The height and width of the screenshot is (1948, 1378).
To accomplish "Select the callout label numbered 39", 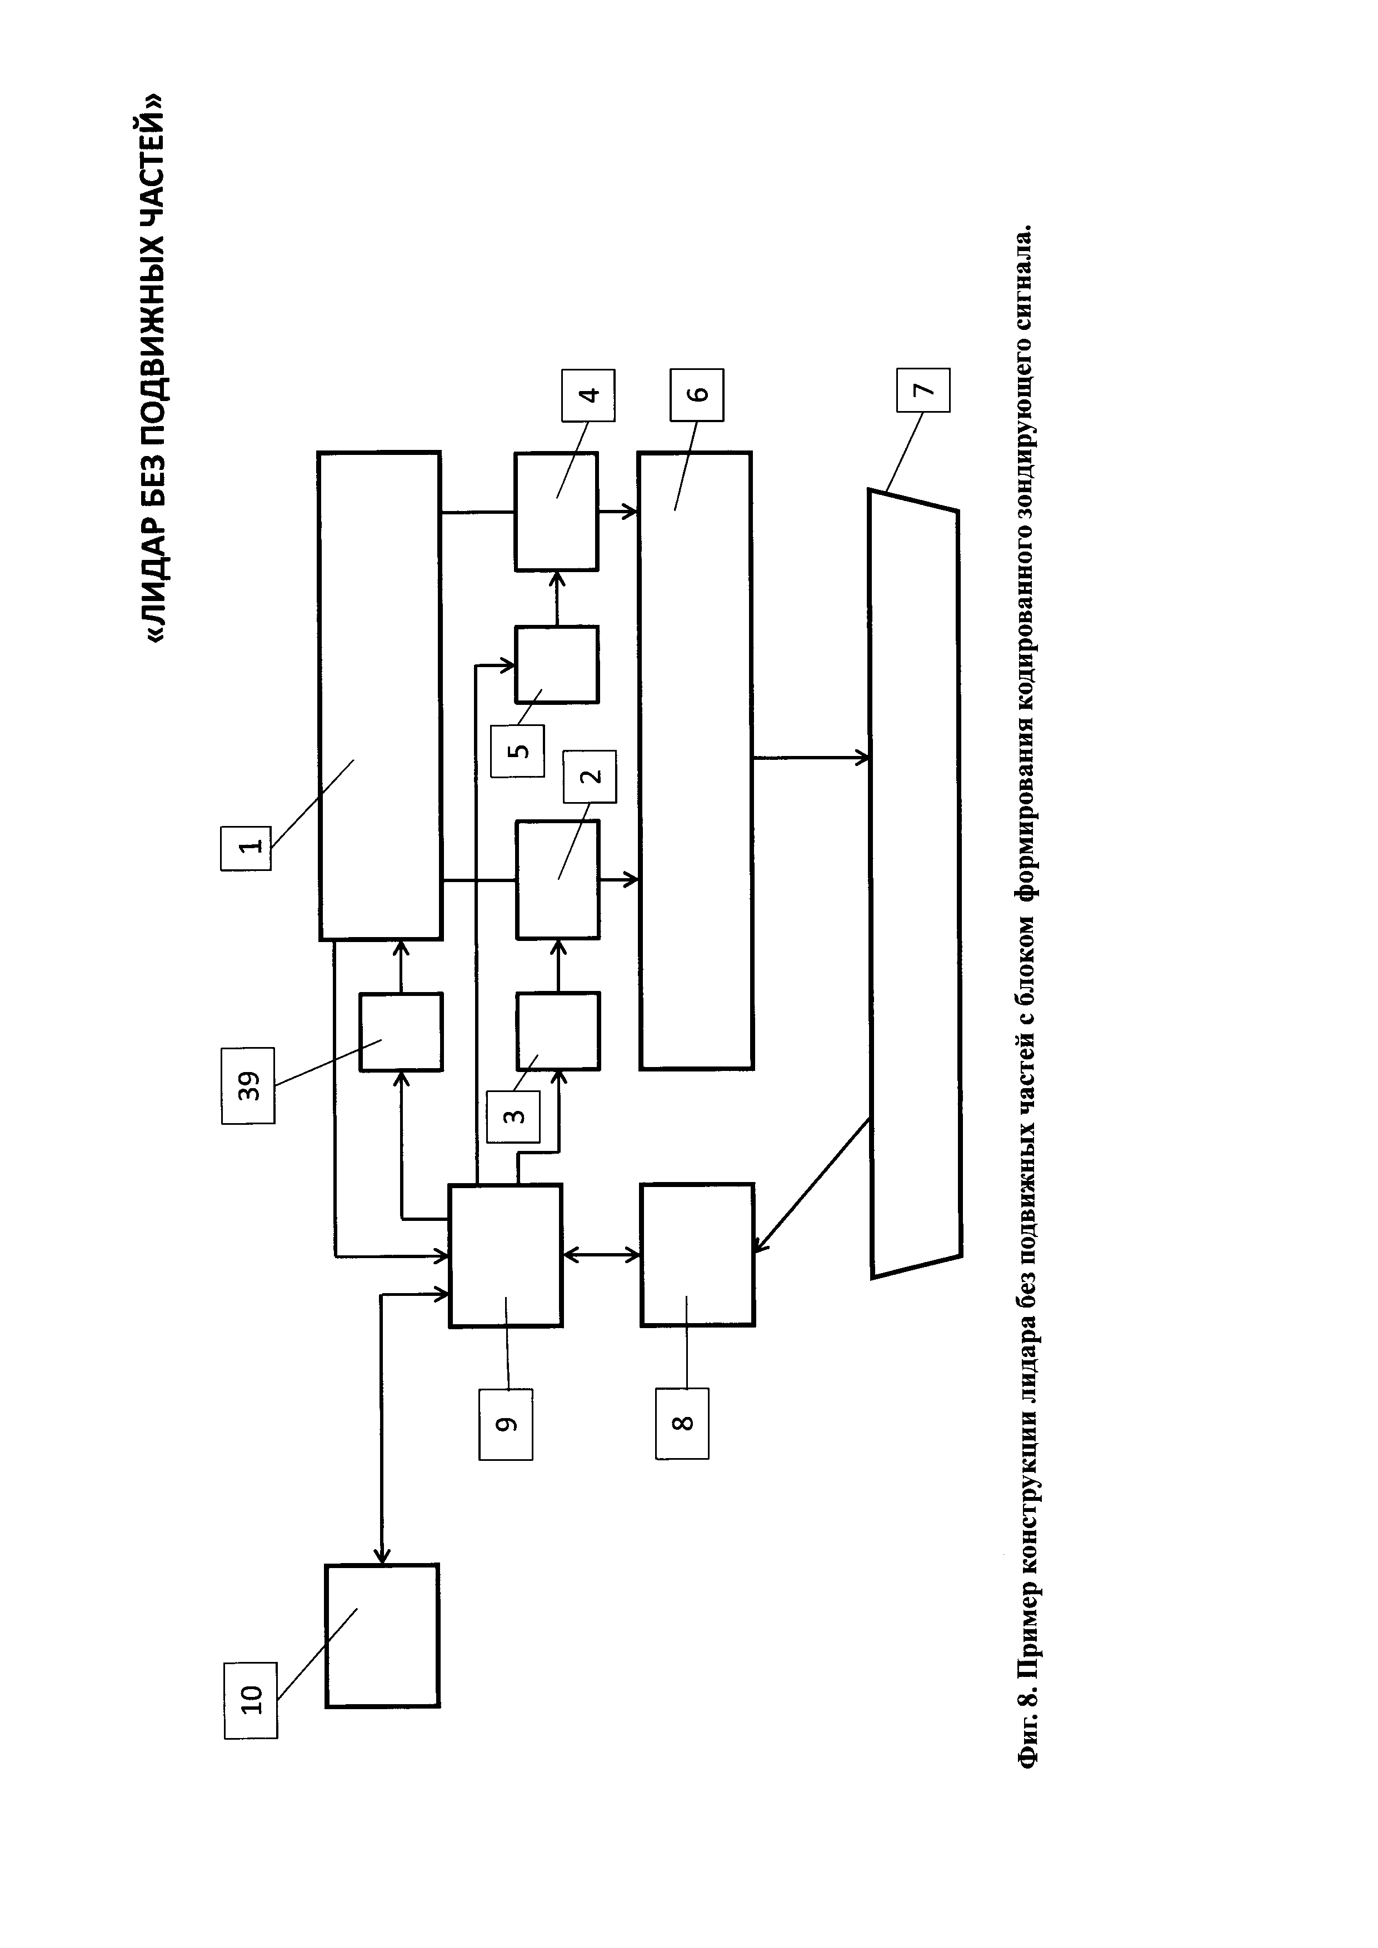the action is tap(248, 1086).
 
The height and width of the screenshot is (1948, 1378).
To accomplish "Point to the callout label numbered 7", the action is tap(923, 390).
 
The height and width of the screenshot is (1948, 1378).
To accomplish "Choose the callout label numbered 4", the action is tap(588, 395).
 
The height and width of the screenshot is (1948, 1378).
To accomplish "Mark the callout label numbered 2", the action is tap(590, 777).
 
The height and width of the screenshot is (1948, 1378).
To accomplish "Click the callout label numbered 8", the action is tap(682, 1424).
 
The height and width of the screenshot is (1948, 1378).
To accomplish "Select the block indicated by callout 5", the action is tap(557, 664).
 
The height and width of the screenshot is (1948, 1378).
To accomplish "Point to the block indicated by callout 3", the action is tap(557, 1031).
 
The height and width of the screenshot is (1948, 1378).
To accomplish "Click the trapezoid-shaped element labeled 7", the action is tap(915, 883).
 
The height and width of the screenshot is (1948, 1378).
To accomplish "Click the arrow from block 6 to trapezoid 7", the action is tap(810, 758).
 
